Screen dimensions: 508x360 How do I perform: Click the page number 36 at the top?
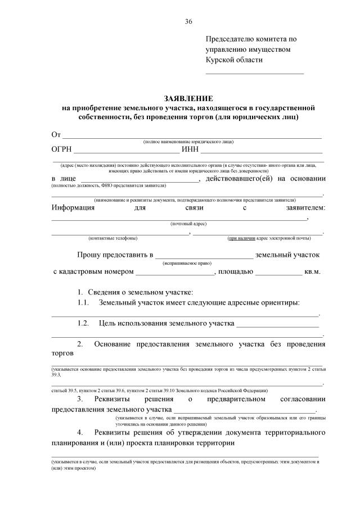coord(188,21)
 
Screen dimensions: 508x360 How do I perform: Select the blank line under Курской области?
coord(254,73)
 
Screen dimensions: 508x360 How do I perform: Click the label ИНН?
coord(190,150)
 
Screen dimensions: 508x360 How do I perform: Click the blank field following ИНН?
coord(262,151)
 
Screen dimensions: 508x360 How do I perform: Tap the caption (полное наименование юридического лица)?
coord(188,142)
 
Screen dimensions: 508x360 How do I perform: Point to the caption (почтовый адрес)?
coord(188,224)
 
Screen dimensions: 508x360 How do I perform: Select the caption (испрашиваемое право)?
coord(187,262)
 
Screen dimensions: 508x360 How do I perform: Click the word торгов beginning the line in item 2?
coord(62,354)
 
